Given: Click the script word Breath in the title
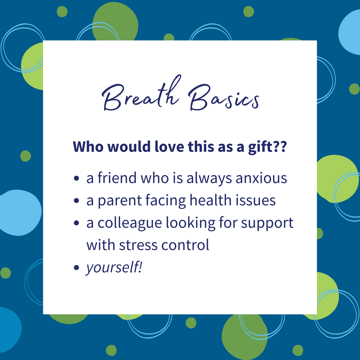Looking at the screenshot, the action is pyautogui.click(x=141, y=93).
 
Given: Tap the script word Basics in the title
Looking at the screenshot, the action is pyautogui.click(x=224, y=98).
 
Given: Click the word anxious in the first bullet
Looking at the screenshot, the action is pyautogui.click(x=261, y=178).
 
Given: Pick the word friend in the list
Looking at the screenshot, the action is pyautogui.click(x=117, y=178).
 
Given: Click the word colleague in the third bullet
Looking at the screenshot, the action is pyautogui.click(x=130, y=223).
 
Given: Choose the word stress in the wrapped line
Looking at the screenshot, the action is pyautogui.click(x=138, y=245).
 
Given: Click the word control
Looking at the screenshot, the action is pyautogui.click(x=185, y=245).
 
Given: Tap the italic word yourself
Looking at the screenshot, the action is pyautogui.click(x=114, y=268).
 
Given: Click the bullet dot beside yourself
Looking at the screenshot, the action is pyautogui.click(x=76, y=267).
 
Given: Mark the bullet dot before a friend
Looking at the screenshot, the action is pyautogui.click(x=76, y=178).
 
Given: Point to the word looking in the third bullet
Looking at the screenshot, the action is pyautogui.click(x=191, y=223).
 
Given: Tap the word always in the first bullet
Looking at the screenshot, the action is pyautogui.click(x=209, y=178).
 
